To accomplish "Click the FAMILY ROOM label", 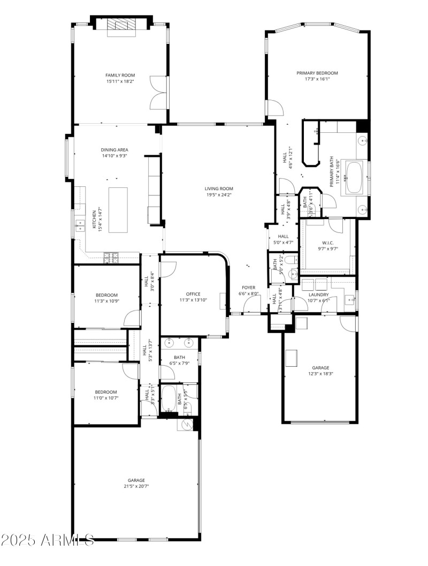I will coord(120,76).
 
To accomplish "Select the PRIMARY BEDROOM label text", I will coord(317,73).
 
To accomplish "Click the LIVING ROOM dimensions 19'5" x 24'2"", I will coord(219,195).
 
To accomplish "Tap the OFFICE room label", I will coord(193,294).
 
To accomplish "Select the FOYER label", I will coord(248,288).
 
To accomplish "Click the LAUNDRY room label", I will coord(318,295).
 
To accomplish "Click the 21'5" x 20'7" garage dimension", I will coord(136,486).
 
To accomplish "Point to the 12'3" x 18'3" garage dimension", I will coord(320,374).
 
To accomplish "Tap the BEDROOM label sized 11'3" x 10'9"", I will coord(106,295).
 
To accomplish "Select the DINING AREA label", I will coord(114,150).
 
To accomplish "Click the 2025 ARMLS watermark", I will coord(48,539).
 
